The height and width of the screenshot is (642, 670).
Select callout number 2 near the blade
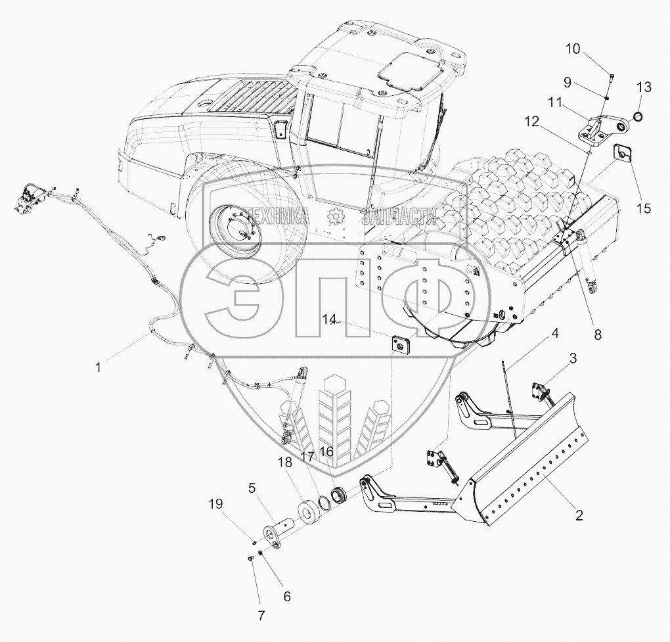(579, 516)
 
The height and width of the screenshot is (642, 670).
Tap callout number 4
(555, 333)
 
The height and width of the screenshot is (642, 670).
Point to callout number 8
(597, 334)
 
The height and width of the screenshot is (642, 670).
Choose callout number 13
(644, 87)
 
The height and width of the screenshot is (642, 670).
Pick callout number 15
(644, 208)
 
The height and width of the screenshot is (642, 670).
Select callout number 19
(216, 504)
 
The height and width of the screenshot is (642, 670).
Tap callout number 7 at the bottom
(261, 616)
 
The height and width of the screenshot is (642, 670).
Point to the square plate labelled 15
(622, 153)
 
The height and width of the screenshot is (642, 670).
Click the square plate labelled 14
(398, 344)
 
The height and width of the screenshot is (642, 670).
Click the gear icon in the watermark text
(336, 215)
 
